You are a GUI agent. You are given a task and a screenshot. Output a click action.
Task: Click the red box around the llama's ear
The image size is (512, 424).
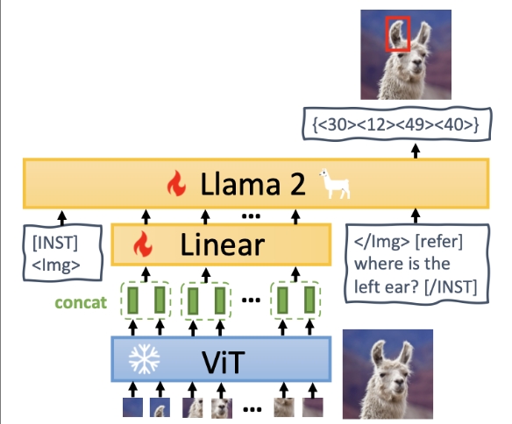pos(386,34)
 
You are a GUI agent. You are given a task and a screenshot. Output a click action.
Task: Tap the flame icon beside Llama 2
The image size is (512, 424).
pos(176,183)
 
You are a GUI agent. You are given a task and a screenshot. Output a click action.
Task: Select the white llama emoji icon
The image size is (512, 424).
pos(335,184)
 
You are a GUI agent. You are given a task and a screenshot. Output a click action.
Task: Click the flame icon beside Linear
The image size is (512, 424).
pos(143,244)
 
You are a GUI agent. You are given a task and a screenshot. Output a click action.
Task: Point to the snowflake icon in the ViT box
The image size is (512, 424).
pos(144,359)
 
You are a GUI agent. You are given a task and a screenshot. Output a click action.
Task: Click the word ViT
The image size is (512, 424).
pos(224,363)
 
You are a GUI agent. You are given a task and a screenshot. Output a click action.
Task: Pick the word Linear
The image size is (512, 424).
pos(223,245)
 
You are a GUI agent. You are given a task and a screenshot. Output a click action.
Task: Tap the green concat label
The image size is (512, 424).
pos(81,303)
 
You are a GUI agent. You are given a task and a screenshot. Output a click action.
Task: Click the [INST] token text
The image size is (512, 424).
pos(55,243)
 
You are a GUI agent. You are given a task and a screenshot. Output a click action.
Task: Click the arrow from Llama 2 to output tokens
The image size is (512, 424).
pos(416,152)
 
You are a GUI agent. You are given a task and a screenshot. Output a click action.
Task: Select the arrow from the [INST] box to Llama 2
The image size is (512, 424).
pos(61,218)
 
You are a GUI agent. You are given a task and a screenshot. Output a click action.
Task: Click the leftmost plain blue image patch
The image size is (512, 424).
pos(132,407)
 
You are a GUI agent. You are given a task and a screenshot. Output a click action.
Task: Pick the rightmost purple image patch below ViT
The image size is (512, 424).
pos(313,407)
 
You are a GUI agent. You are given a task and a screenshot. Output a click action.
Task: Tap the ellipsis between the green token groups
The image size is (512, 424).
pos(251,300)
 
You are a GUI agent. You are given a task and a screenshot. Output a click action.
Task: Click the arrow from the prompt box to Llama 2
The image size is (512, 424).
pos(416,216)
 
